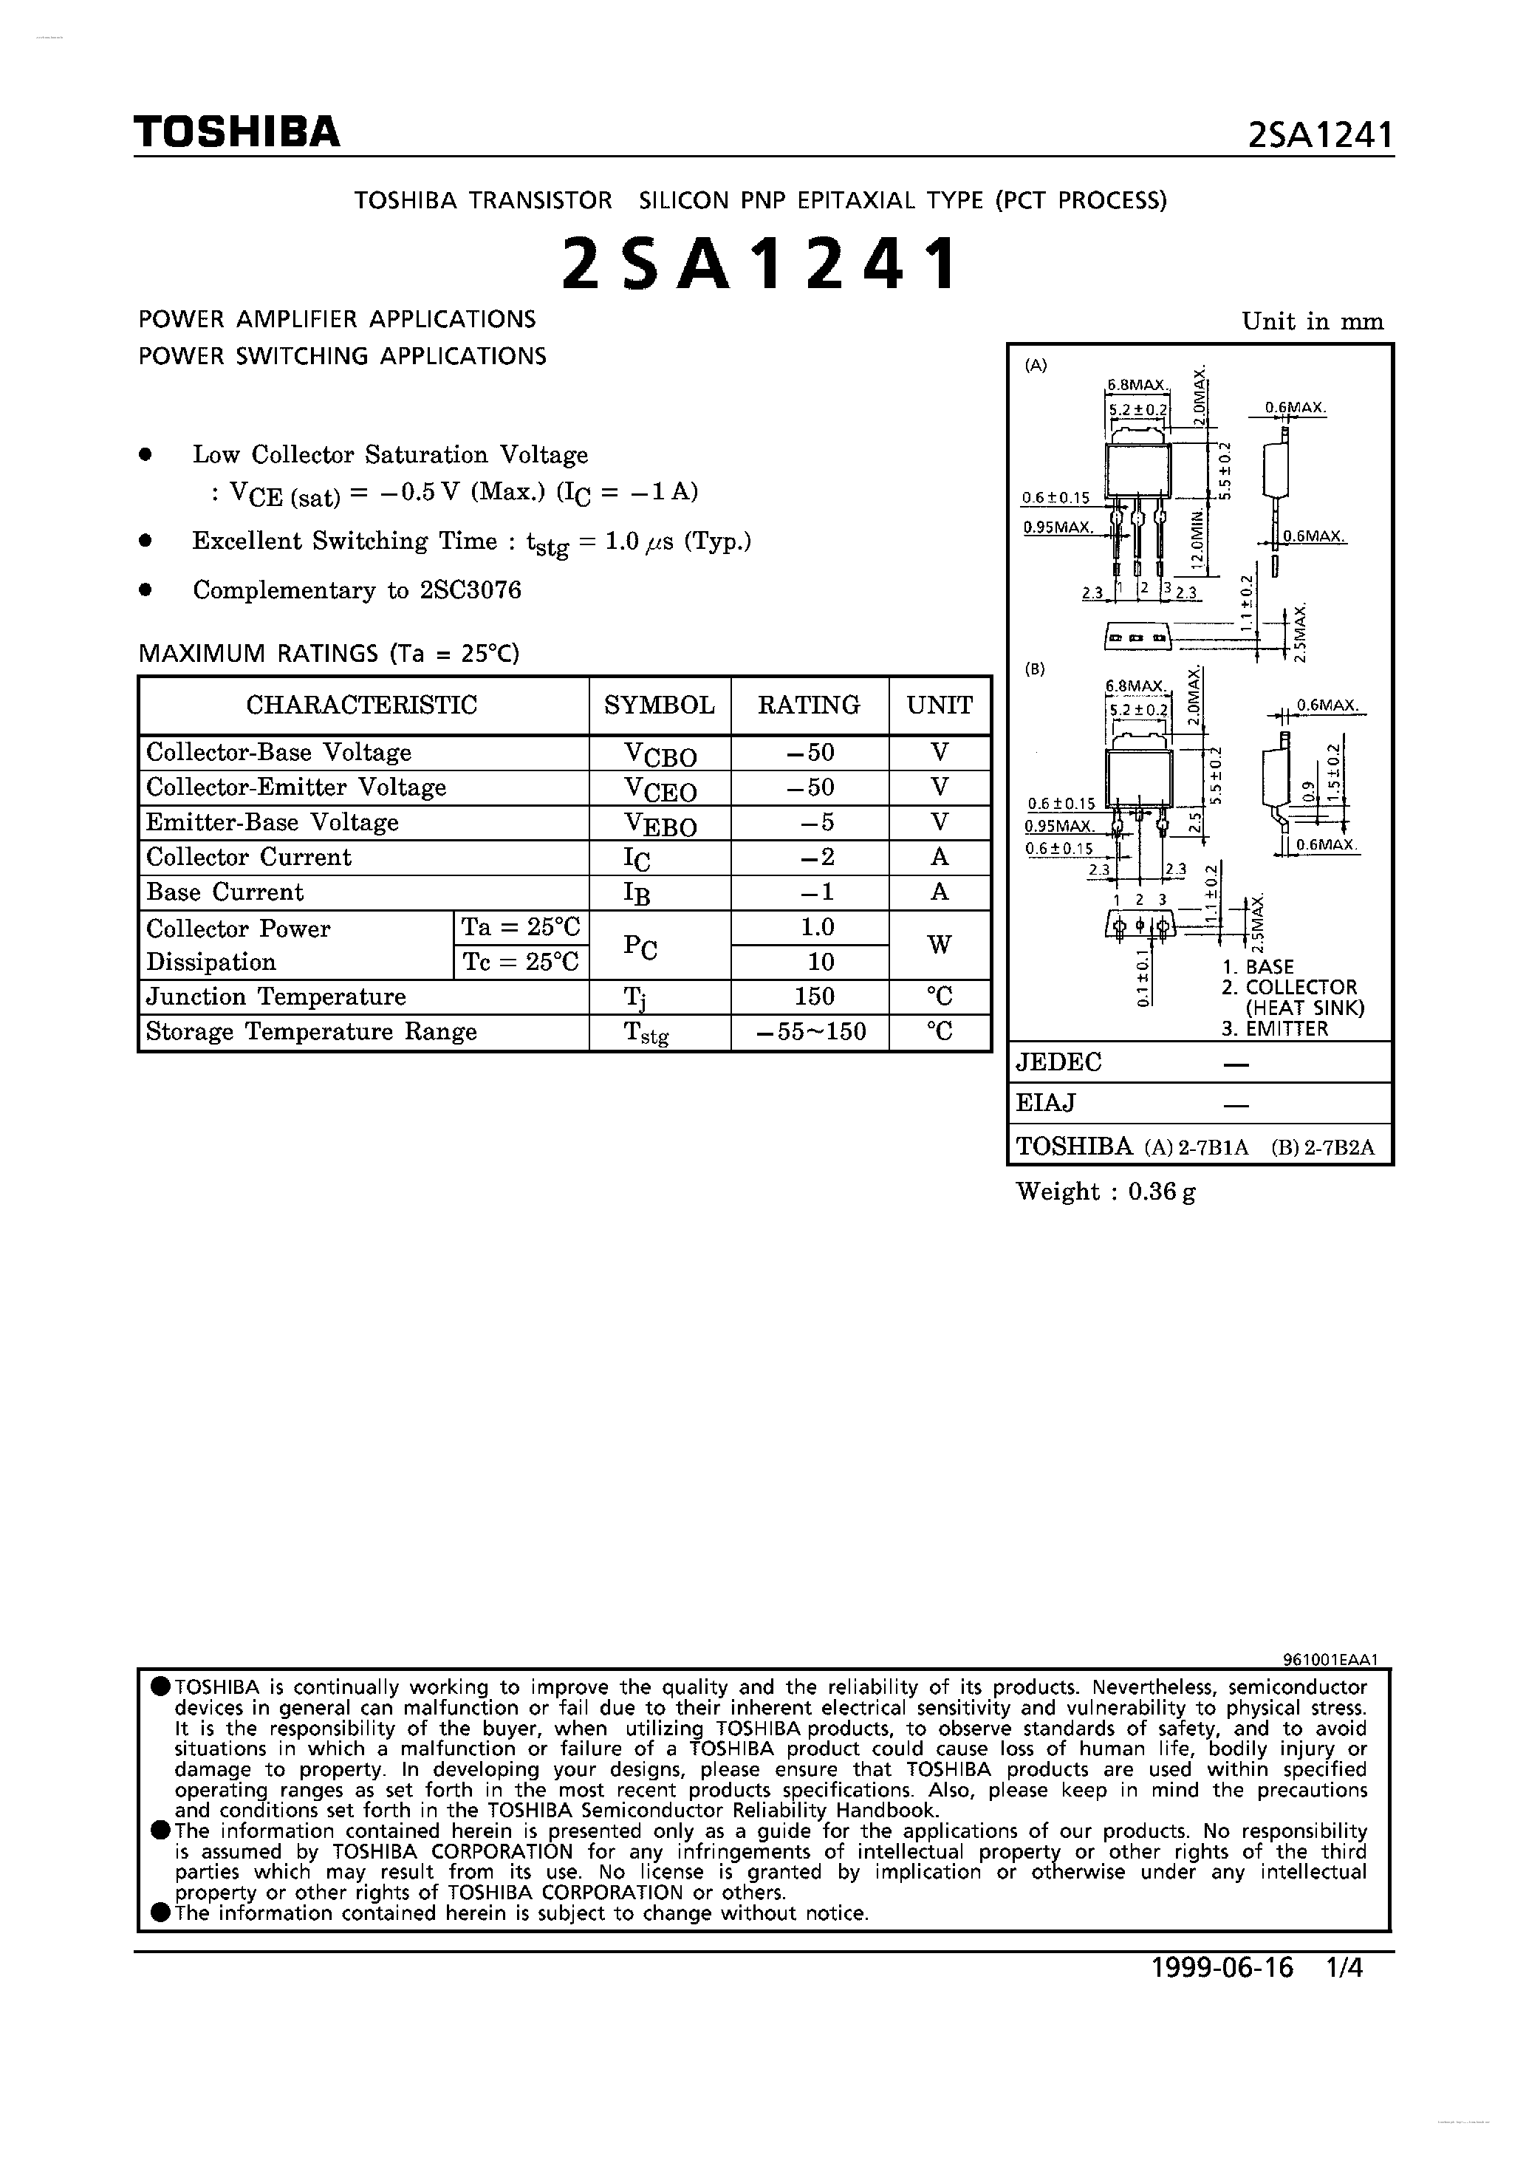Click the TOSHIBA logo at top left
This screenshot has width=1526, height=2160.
[x=236, y=133]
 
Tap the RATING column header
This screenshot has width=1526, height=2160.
[x=809, y=705]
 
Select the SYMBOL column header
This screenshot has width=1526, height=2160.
[x=660, y=705]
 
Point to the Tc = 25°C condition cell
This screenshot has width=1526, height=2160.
[x=520, y=962]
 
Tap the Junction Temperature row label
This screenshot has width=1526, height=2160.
[x=276, y=997]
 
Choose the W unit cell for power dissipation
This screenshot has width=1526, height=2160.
[x=939, y=945]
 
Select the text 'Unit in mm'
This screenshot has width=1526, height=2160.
[x=1313, y=322]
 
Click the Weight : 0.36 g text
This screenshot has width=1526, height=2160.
[x=1106, y=1192]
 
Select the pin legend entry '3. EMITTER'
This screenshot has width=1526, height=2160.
[x=1275, y=1028]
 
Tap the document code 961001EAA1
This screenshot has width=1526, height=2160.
[x=1330, y=1661]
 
